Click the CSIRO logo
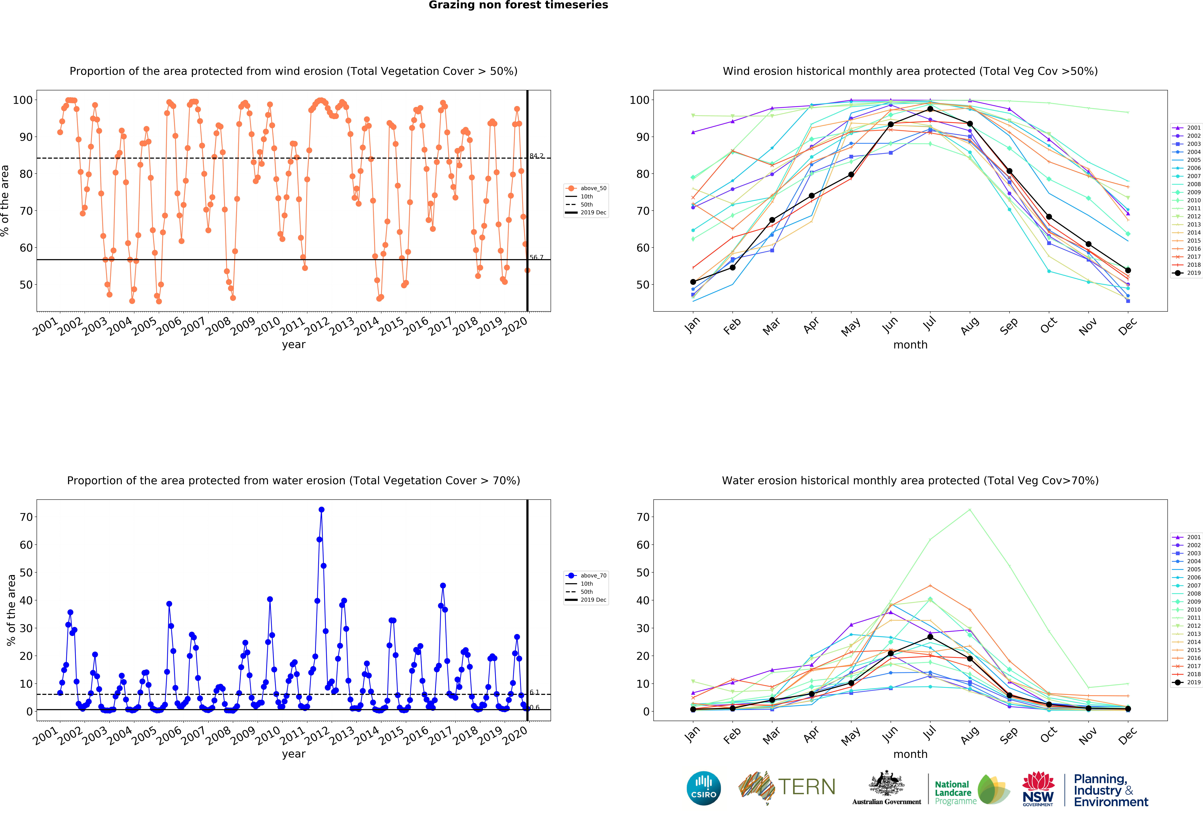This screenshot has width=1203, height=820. (703, 788)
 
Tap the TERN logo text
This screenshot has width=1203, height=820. (807, 787)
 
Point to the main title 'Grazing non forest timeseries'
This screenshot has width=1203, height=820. (518, 5)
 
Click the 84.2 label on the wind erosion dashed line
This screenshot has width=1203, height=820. (536, 156)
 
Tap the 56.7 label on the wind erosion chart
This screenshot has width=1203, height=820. (536, 257)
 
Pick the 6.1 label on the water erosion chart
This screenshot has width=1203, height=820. (534, 692)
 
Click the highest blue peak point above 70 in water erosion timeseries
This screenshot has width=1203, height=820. (322, 510)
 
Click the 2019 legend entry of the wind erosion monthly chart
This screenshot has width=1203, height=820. (1186, 273)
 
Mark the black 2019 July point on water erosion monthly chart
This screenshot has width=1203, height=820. (930, 637)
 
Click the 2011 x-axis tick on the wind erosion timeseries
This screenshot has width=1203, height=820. (293, 326)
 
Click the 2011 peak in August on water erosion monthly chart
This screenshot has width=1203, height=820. (970, 510)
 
